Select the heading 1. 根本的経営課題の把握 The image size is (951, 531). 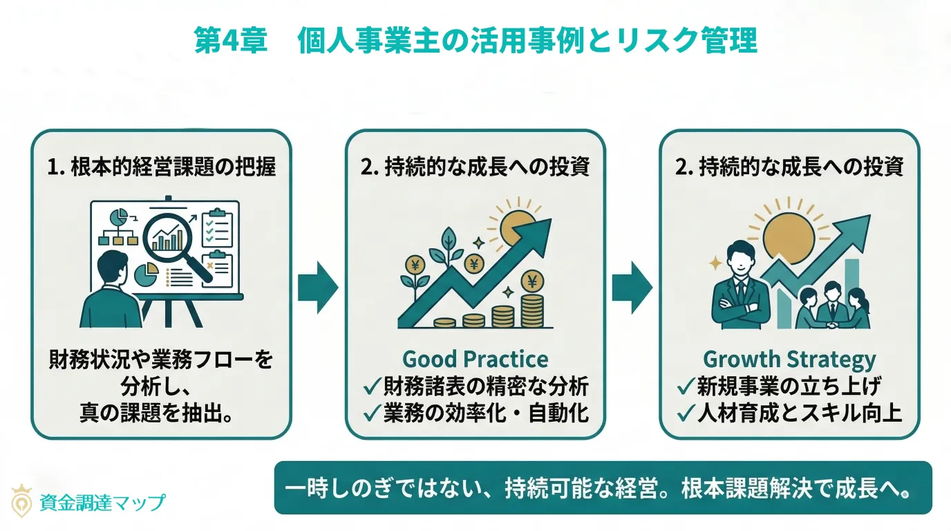pos(161,168)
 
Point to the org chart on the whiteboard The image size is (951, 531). pos(119,228)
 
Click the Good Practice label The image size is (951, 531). pos(475,360)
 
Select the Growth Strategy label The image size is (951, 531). pos(789,360)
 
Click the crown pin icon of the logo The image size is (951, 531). pos(23,500)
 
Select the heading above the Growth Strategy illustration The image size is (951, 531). pos(789,168)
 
